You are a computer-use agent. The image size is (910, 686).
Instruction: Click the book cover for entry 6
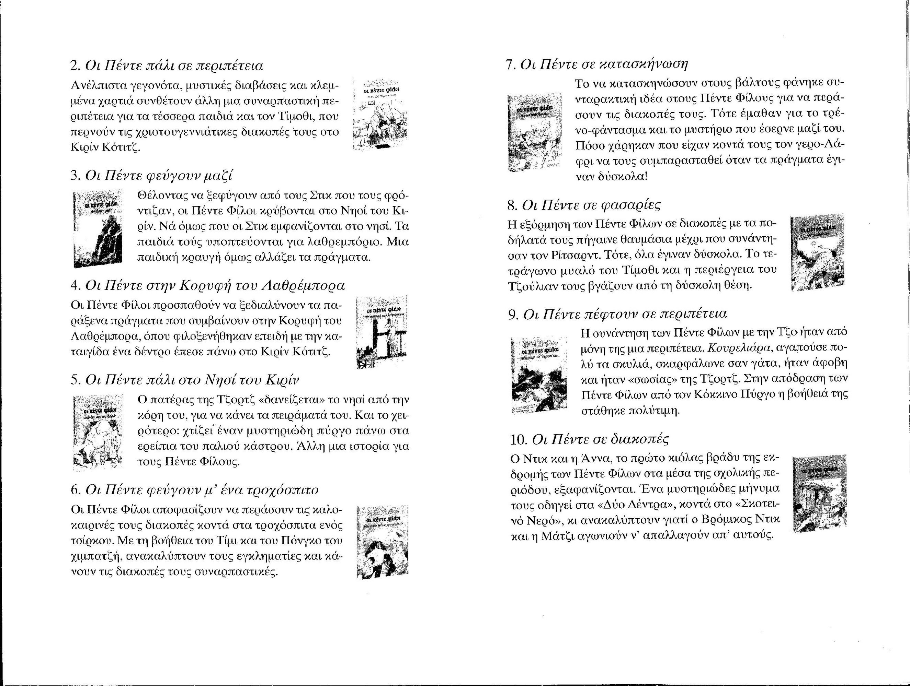click(x=382, y=541)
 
